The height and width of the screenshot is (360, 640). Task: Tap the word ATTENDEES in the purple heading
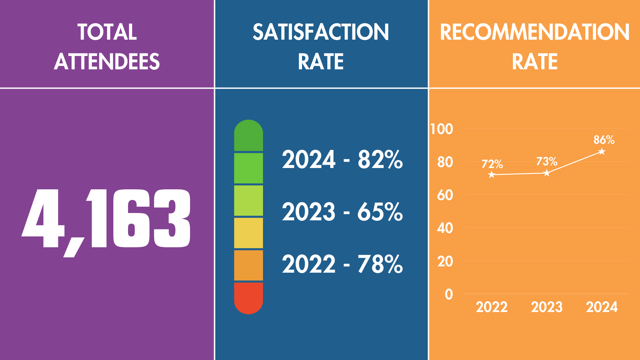[107, 62]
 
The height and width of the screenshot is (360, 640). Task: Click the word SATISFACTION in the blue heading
[321, 32]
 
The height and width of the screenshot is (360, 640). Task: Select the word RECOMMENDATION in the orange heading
[535, 32]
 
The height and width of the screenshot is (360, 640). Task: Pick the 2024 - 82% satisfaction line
[342, 159]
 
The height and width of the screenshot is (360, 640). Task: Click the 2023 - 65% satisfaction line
[342, 212]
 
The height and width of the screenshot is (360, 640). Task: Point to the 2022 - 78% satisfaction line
[342, 264]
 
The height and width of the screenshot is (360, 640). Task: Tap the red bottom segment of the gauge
[248, 298]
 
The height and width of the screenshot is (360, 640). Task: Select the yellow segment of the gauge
[248, 233]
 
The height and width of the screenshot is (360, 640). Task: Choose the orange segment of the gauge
[248, 265]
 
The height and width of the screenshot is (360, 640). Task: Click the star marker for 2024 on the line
[602, 152]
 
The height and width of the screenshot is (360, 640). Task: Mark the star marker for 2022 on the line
[491, 175]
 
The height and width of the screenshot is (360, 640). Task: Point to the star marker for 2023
[547, 173]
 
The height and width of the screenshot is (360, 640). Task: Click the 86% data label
[604, 140]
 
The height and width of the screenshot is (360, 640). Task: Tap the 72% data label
[492, 164]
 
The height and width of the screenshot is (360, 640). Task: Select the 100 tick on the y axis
[442, 129]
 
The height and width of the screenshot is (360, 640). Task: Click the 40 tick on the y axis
[445, 228]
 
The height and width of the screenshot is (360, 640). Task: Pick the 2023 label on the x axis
[547, 307]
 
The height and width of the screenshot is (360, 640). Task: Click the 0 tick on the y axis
[449, 294]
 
